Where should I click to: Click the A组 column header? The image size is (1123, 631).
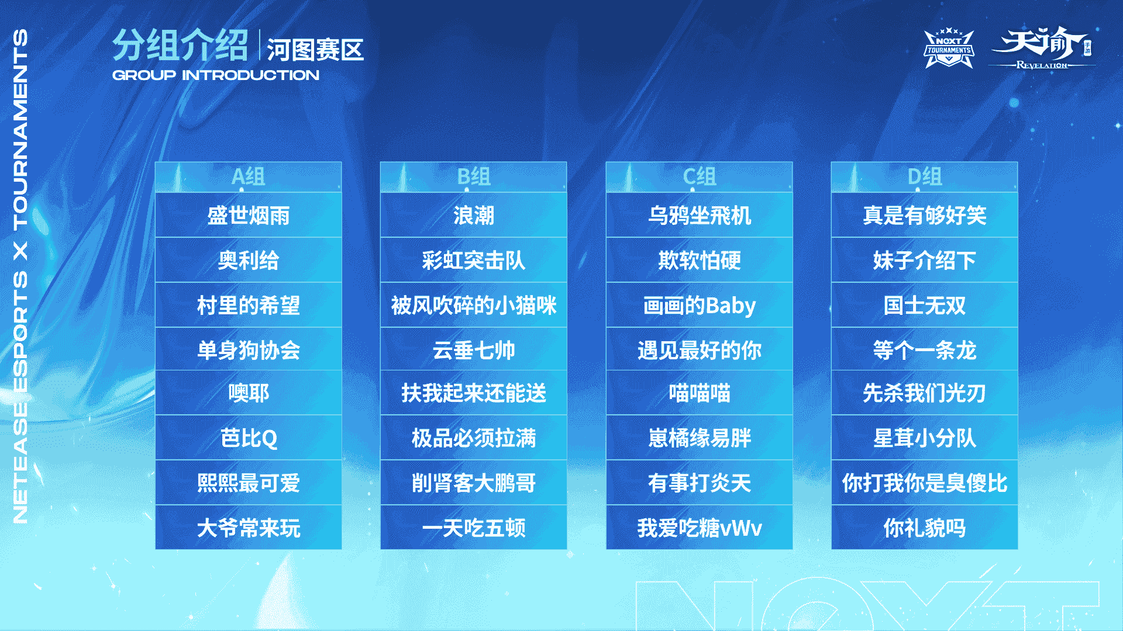(x=249, y=176)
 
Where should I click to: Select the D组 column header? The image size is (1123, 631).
(x=924, y=176)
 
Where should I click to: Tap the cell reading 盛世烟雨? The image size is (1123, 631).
(x=249, y=215)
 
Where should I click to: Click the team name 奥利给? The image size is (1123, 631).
(x=249, y=260)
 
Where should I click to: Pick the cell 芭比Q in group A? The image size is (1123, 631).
(x=249, y=438)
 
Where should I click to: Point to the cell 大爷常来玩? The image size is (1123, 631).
(x=249, y=528)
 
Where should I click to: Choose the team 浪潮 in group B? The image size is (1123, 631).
(x=474, y=215)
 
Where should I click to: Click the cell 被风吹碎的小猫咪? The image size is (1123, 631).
(x=474, y=305)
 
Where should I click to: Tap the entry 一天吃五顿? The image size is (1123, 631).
(x=474, y=528)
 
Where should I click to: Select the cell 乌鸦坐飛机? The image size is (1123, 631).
(x=700, y=215)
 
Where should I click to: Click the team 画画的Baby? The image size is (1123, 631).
(x=700, y=305)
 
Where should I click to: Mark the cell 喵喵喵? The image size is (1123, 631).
(x=700, y=393)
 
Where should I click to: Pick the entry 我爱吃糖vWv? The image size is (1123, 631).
(x=700, y=528)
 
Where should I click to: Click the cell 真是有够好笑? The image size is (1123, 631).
(x=924, y=215)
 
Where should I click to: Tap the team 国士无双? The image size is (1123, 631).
(x=924, y=305)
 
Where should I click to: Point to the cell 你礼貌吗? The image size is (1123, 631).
(x=924, y=528)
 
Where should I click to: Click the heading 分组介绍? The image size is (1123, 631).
(x=181, y=45)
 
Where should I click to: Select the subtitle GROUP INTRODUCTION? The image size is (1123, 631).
(x=216, y=75)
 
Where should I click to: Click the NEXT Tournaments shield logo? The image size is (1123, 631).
(x=949, y=48)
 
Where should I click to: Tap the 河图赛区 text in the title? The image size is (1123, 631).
(x=315, y=50)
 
